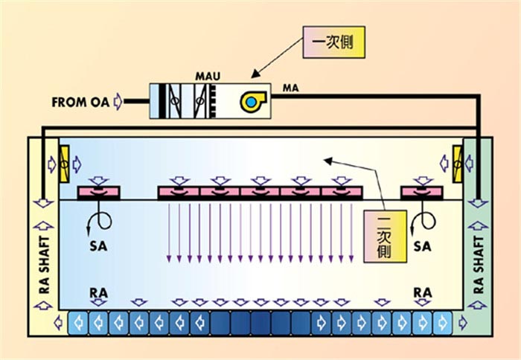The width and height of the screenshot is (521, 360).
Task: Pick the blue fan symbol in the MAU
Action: [x=251, y=101]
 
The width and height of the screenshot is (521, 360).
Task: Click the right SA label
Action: [x=423, y=245]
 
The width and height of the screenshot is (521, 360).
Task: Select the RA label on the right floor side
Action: [x=423, y=293]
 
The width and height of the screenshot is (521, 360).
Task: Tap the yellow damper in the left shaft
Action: [x=63, y=158]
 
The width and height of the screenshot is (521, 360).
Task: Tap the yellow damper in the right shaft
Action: [x=458, y=158]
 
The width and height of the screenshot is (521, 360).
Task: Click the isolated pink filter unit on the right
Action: [x=421, y=193]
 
